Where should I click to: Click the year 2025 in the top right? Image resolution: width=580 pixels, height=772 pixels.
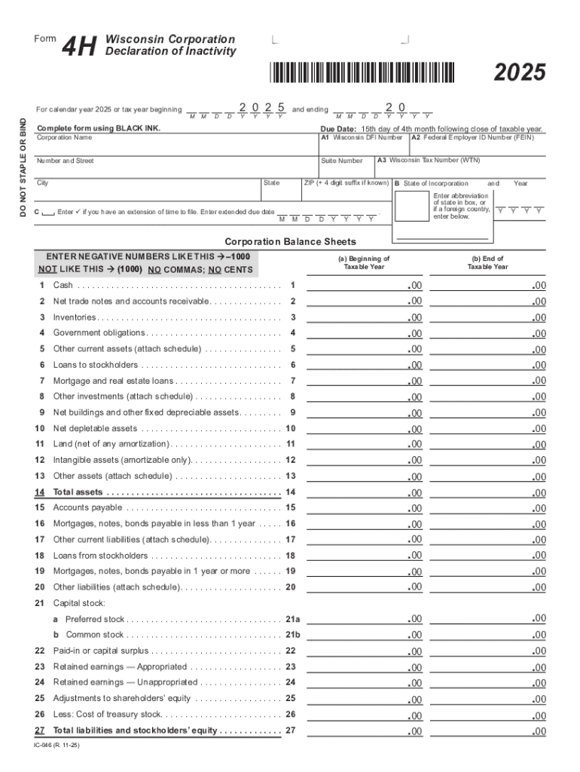520,73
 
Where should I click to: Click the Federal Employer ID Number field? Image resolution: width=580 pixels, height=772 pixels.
477,146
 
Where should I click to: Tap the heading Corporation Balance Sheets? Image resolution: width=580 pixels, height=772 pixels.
290,242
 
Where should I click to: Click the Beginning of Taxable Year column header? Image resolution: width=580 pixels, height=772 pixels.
364,262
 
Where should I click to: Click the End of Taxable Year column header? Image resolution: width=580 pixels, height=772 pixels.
487,262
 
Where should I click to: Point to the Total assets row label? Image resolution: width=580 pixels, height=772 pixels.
78,492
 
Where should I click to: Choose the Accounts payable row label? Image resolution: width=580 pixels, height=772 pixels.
87,508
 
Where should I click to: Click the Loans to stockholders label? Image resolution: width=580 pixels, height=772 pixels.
96,365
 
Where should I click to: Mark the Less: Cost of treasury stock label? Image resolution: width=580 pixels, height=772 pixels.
107,715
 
